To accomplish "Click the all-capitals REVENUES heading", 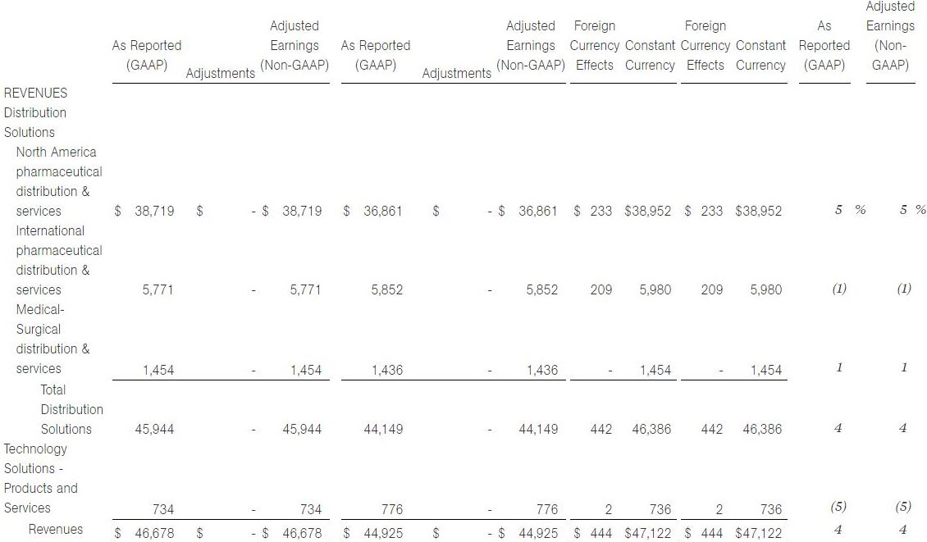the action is click(35, 93).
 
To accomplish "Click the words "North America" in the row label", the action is click(56, 152).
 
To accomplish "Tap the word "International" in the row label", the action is click(50, 230).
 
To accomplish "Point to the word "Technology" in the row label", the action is click(35, 449).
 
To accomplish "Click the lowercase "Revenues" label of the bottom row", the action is click(56, 529).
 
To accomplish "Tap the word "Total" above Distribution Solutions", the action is click(53, 389).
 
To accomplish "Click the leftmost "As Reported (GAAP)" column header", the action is click(147, 55).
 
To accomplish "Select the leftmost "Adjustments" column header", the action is click(221, 73).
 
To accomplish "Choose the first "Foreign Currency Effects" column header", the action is click(595, 46).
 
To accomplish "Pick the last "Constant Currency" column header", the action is click(760, 55).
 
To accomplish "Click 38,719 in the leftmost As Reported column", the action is click(154, 211).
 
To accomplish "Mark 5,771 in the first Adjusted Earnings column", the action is click(305, 289).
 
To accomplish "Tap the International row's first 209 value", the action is click(601, 289).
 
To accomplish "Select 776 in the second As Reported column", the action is click(392, 509).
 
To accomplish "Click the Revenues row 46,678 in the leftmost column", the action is click(154, 533).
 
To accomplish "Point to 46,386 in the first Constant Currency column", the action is click(651, 429).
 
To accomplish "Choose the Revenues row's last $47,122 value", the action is click(759, 533).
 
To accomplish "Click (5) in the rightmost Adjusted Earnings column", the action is click(903, 507).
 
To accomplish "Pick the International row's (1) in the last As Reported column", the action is click(839, 289).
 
